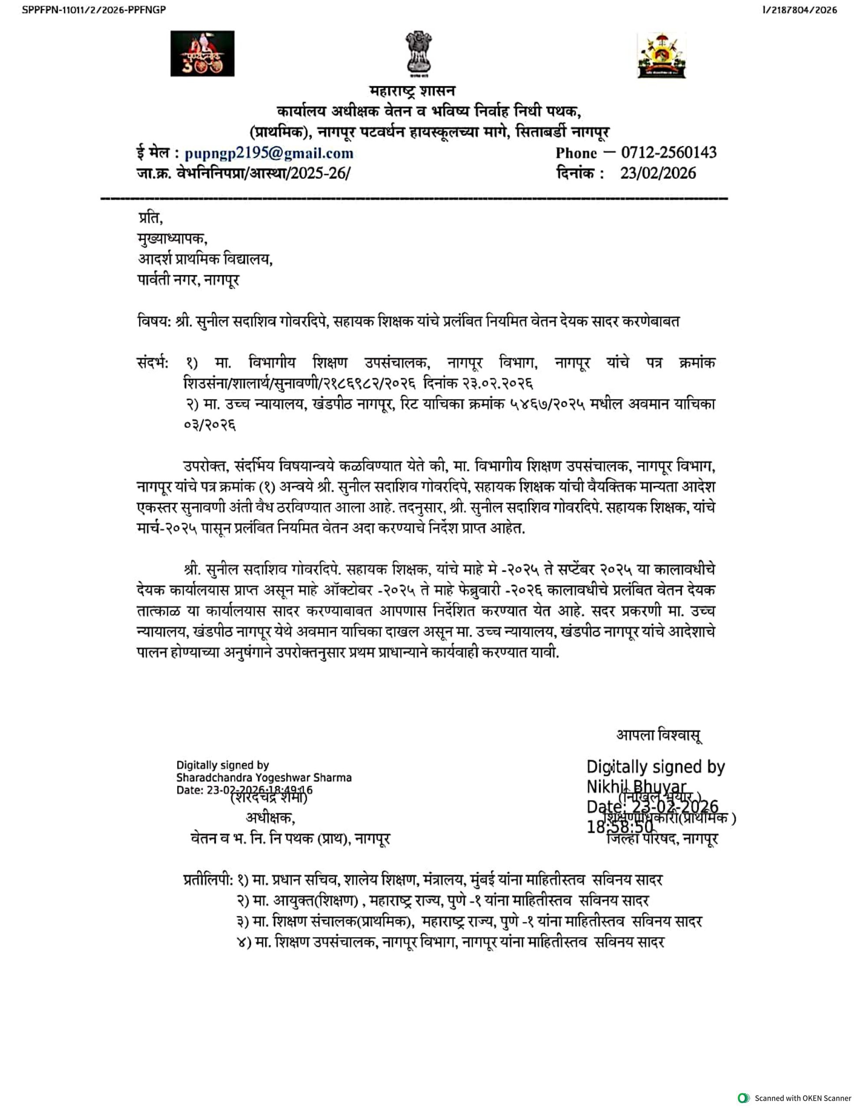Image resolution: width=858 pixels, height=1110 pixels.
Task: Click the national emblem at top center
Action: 419,53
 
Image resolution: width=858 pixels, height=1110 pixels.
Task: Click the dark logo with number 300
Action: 202,53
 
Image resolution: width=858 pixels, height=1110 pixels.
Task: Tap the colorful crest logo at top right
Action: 661,55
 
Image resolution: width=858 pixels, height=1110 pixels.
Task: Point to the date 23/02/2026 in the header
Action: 658,173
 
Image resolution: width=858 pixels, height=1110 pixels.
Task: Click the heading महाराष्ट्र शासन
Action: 412,91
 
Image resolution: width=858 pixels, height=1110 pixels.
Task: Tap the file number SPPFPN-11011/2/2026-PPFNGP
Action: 94,10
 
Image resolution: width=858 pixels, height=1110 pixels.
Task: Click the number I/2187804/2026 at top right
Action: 799,10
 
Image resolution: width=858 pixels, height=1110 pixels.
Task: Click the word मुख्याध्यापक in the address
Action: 172,238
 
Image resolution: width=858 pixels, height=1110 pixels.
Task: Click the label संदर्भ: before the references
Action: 155,363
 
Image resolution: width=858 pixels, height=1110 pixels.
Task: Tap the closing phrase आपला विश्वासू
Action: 659,735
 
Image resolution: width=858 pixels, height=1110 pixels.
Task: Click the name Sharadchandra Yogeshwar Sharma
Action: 263,777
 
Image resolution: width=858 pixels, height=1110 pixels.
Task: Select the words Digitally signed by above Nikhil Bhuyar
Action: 655,767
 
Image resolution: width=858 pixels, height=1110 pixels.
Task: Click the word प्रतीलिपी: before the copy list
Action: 208,879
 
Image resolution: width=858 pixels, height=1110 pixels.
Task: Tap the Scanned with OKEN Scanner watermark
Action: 796,1098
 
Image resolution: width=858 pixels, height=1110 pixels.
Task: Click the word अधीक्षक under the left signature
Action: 270,818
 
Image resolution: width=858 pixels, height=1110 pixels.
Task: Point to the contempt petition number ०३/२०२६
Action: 210,425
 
